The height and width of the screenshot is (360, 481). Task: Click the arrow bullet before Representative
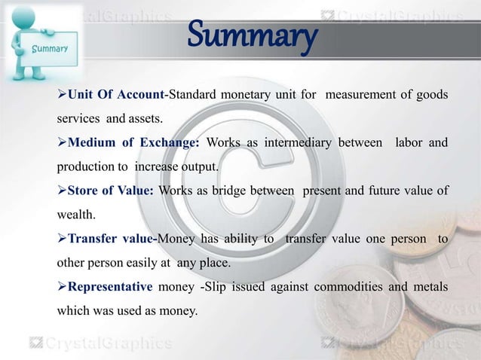click(62, 286)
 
